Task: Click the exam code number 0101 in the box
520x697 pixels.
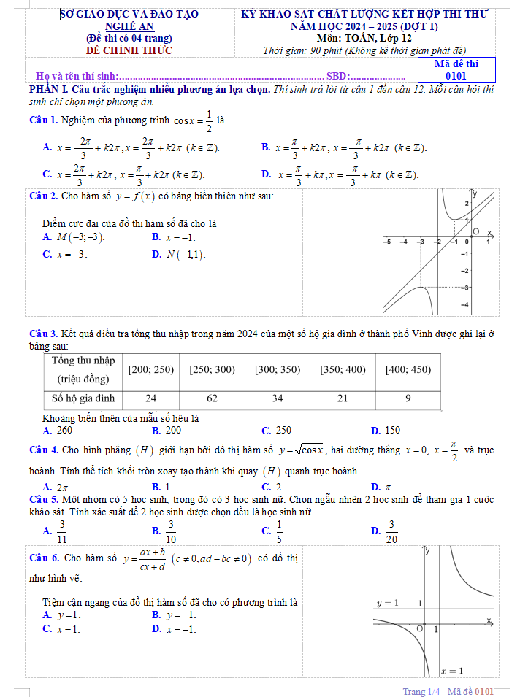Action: pyautogui.click(x=456, y=75)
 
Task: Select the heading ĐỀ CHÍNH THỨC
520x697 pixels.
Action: pyautogui.click(x=129, y=50)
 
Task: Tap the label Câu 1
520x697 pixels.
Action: pyautogui.click(x=43, y=120)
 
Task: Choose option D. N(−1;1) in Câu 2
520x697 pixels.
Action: pyautogui.click(x=178, y=255)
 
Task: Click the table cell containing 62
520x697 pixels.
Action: pyautogui.click(x=212, y=398)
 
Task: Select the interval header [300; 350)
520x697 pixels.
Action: pyautogui.click(x=278, y=370)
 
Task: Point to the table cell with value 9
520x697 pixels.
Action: pyautogui.click(x=408, y=398)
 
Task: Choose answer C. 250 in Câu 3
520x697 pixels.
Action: pyautogui.click(x=278, y=431)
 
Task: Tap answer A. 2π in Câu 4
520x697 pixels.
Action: pyautogui.click(x=58, y=487)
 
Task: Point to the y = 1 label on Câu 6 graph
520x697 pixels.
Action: pyautogui.click(x=387, y=604)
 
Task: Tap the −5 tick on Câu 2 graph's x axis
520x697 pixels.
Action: pyautogui.click(x=386, y=241)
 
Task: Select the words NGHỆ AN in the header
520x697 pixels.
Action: pyautogui.click(x=129, y=26)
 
